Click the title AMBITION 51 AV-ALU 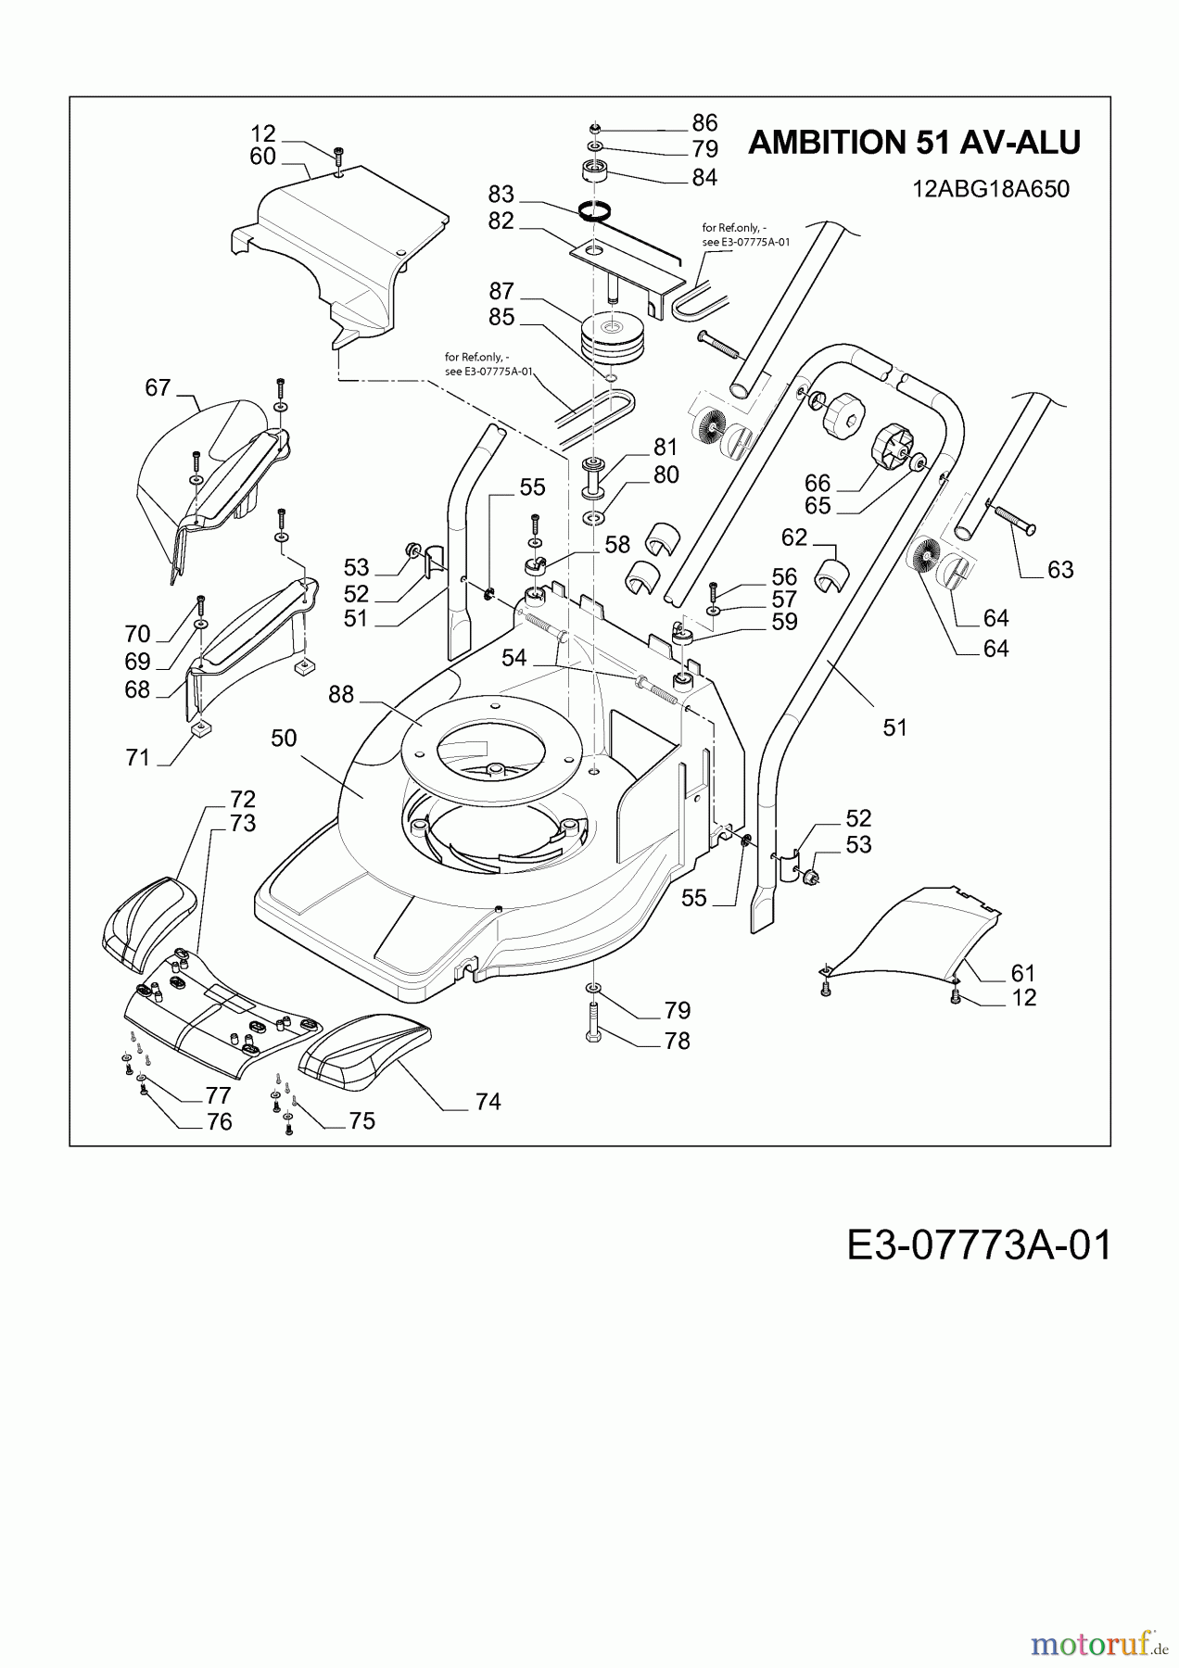click(x=914, y=143)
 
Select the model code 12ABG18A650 click(x=991, y=189)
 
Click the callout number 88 click(x=341, y=694)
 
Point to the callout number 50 click(x=284, y=738)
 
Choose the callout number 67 click(x=158, y=387)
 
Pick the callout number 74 click(x=488, y=1101)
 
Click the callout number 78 click(x=678, y=1041)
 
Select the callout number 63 click(x=1060, y=569)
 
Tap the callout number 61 click(x=1023, y=973)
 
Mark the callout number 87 click(x=501, y=291)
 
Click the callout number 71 click(x=137, y=758)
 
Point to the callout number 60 click(x=263, y=157)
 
